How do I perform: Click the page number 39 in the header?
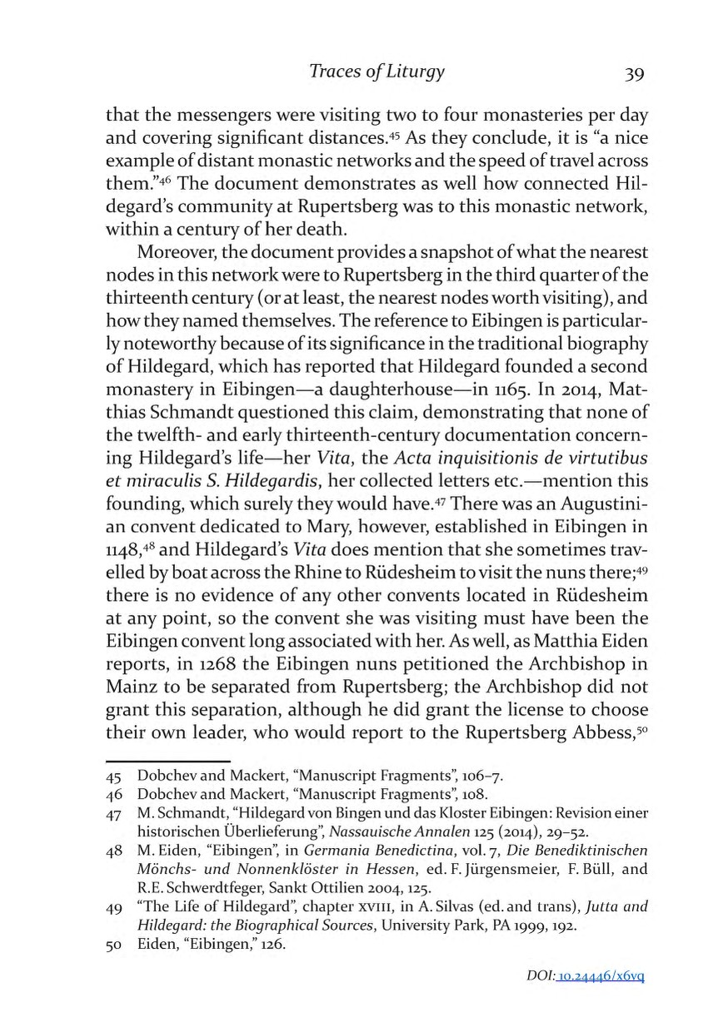click(x=634, y=73)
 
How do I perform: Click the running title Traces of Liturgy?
click(x=376, y=72)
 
